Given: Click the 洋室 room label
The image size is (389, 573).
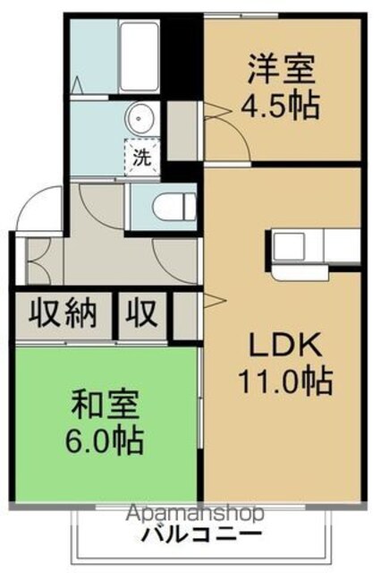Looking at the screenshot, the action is (281, 70).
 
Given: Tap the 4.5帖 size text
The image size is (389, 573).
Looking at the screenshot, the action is (280, 106).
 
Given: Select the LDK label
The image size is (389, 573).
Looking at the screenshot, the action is (285, 345).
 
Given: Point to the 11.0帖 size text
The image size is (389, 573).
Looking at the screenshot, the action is (285, 381).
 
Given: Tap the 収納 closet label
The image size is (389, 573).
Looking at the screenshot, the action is (63, 313).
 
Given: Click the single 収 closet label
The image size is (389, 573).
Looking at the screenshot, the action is (141, 313).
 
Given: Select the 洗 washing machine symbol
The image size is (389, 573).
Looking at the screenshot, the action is (141, 158).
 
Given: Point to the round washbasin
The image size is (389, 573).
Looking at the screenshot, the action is (139, 118).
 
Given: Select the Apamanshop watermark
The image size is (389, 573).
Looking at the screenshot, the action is (195, 513).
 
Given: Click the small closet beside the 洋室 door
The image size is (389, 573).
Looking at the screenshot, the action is (182, 131).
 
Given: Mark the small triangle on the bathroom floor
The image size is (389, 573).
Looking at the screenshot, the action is (77, 85).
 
